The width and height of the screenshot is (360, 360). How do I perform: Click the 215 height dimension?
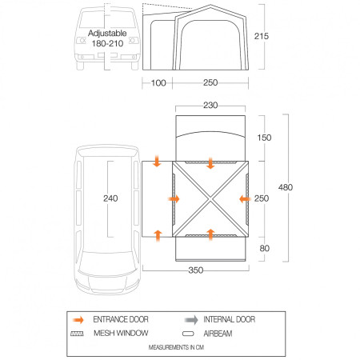pyautogui.click(x=274, y=37)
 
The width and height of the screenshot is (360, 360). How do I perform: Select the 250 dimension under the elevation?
pyautogui.click(x=210, y=83)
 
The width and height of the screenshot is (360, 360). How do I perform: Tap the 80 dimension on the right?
pyautogui.click(x=265, y=248)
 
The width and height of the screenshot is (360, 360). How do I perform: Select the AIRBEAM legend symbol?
pyautogui.click(x=189, y=334)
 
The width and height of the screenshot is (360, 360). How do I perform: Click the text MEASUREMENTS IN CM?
pyautogui.click(x=180, y=348)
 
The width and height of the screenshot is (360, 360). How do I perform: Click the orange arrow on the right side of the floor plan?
pyautogui.click(x=243, y=198)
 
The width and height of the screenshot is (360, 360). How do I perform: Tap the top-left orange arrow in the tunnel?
pyautogui.click(x=157, y=163)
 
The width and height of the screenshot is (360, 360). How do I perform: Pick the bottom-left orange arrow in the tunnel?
pyautogui.click(x=157, y=234)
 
